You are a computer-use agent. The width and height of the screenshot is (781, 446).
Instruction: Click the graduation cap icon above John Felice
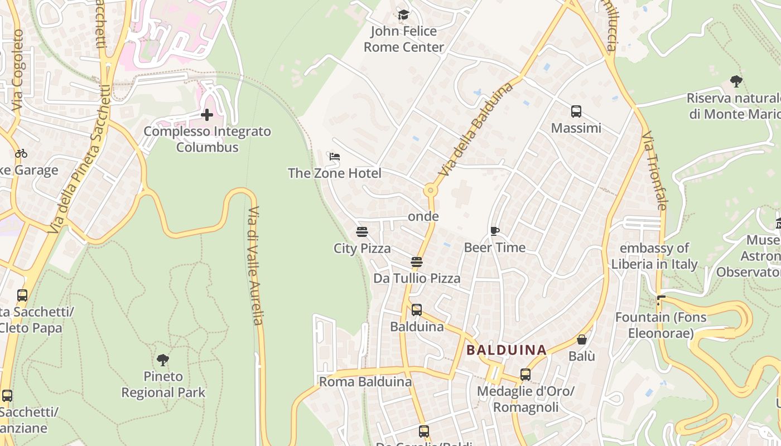coord(403,14)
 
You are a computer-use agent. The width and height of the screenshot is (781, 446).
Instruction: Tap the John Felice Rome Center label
coord(403,39)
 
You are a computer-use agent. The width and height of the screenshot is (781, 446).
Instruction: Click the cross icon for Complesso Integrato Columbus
coord(207,115)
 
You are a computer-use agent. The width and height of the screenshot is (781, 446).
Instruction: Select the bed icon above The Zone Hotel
coord(335,157)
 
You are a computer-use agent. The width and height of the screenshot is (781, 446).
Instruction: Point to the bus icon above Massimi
coord(576,111)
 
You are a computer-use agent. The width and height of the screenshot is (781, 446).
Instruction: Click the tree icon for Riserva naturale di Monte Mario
coord(736,81)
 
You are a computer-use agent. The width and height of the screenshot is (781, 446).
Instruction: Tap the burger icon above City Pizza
coord(362,232)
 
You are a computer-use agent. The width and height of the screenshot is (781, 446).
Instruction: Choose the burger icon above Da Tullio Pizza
coord(417,262)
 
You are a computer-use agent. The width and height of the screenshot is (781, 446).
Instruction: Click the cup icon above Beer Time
coord(494,231)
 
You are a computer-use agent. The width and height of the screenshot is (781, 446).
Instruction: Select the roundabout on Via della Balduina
coord(430,190)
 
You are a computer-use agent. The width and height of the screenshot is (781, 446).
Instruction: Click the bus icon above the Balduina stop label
coord(417,310)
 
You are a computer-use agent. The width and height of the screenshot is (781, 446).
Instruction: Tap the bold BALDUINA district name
coord(507,350)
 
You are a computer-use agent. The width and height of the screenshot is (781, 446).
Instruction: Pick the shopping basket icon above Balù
coord(582,340)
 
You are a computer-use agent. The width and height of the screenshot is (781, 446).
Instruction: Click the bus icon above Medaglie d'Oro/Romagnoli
coord(525,375)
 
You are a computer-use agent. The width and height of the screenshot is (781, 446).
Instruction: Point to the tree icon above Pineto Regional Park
coord(163,360)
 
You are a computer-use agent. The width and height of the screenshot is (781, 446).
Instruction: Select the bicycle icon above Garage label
coord(21,153)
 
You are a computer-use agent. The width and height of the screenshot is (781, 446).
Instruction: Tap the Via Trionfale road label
coord(654,171)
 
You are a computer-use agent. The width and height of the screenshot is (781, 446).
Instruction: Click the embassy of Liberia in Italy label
coord(654,256)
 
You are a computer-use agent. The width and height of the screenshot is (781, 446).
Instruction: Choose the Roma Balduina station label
coord(365,382)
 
